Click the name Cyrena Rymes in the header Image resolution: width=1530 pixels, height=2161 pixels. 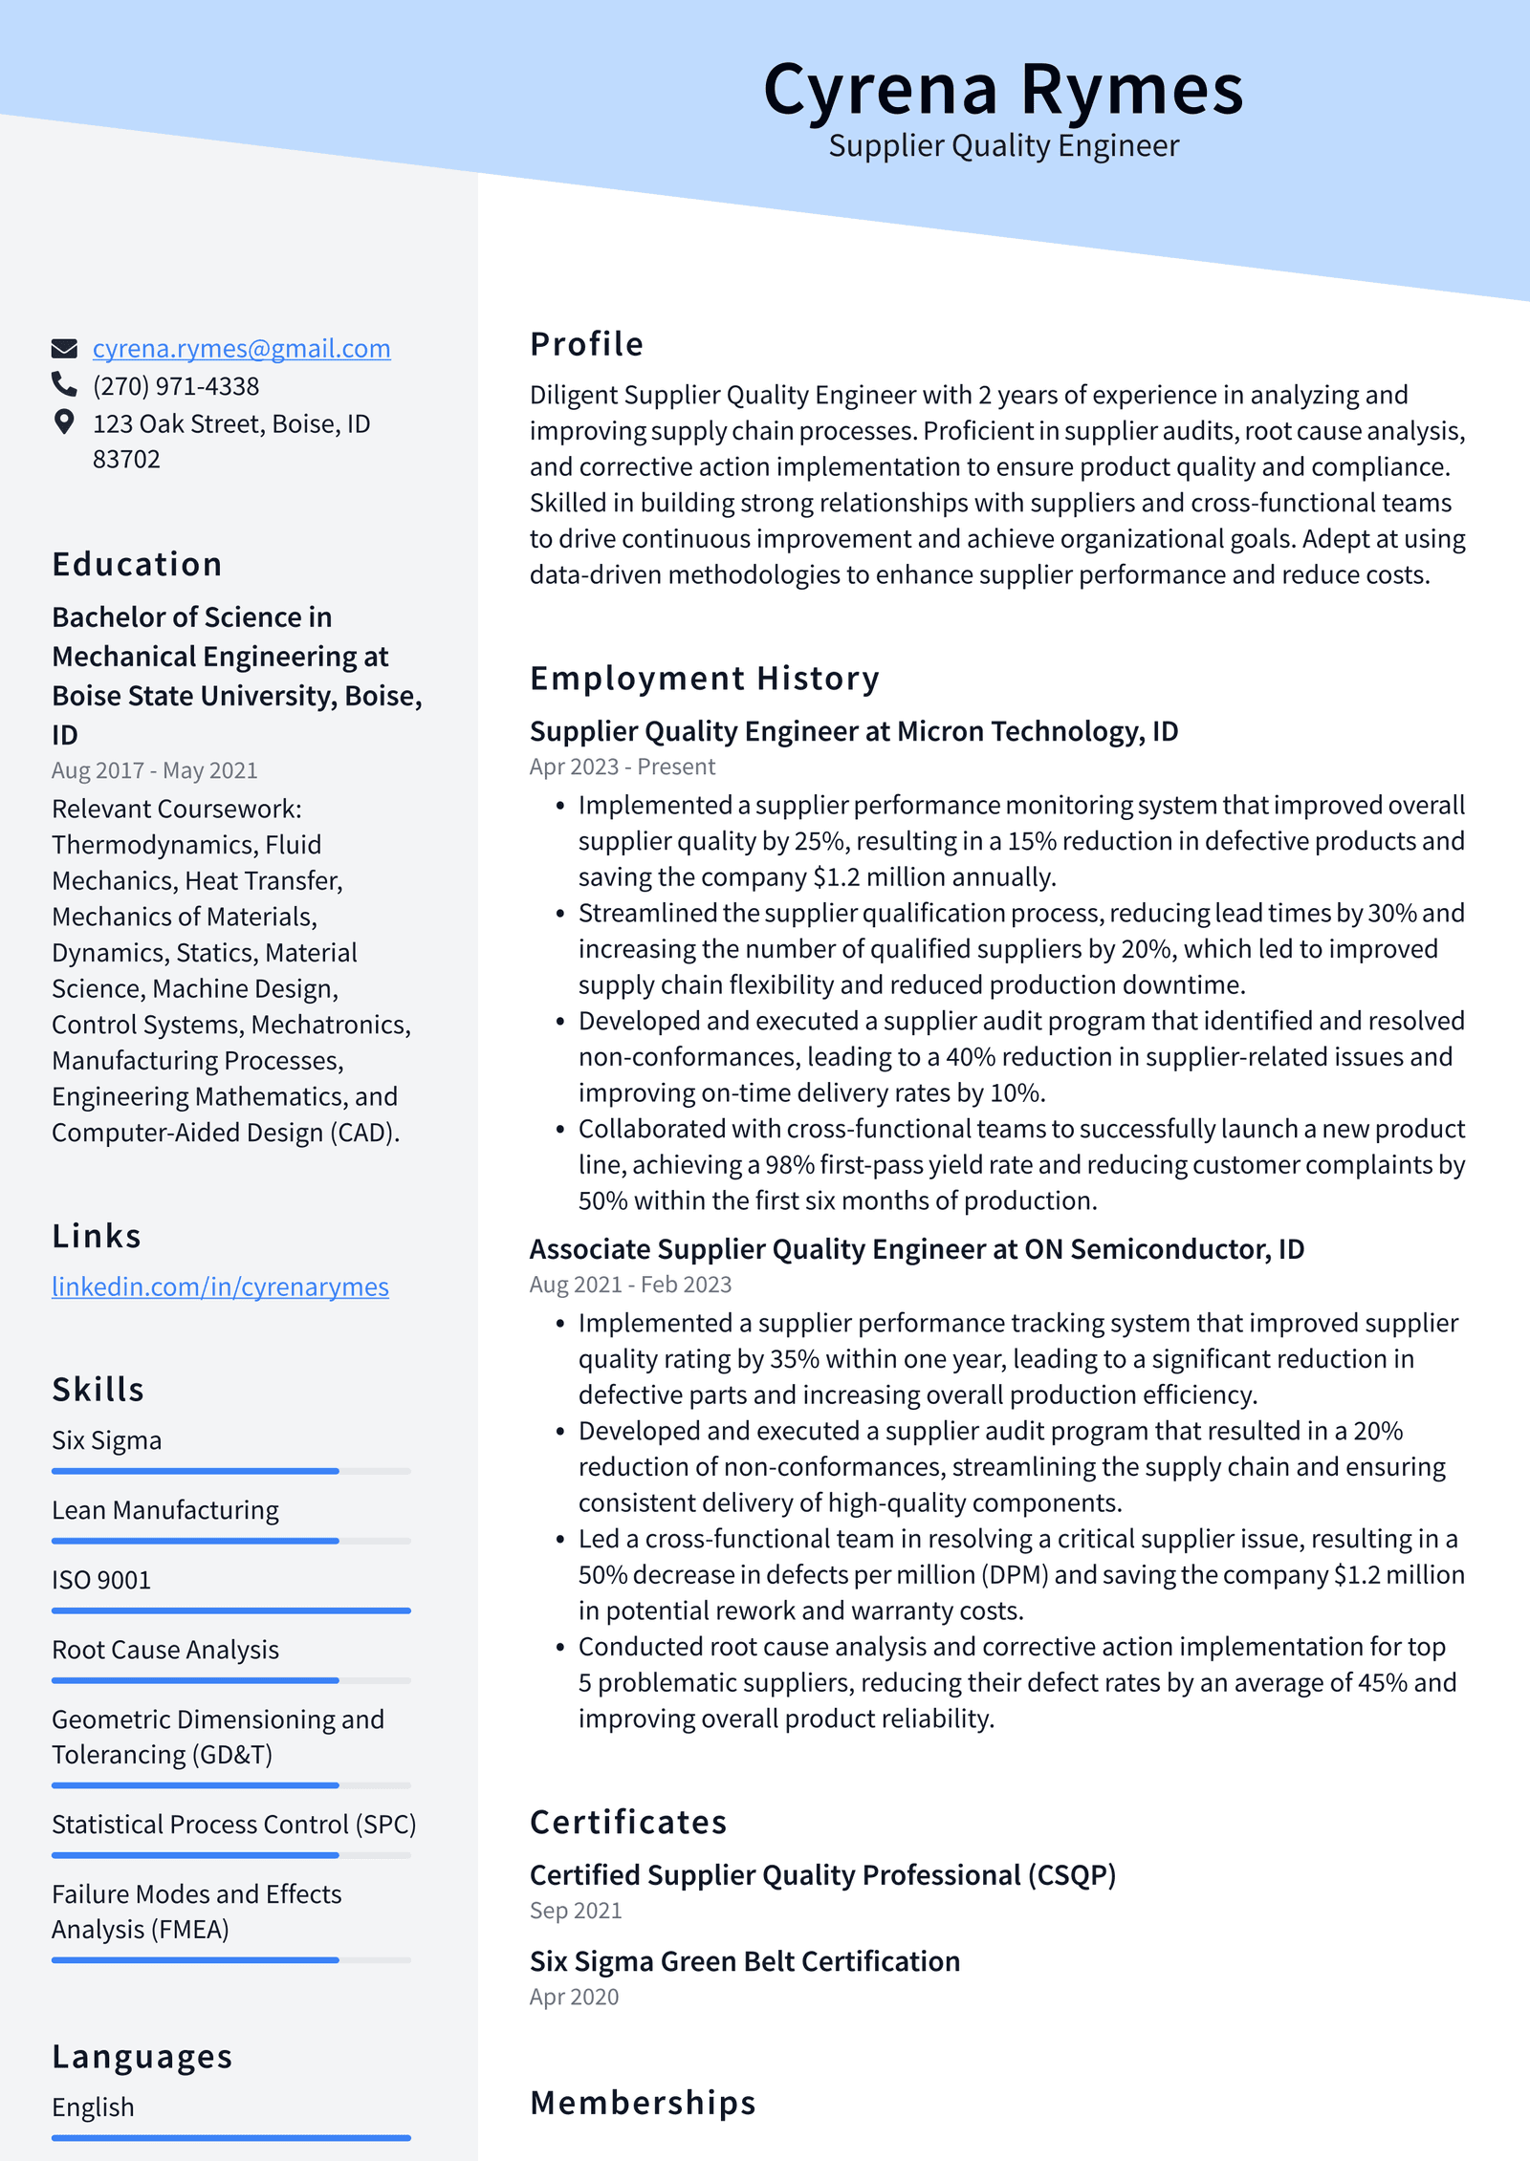click(x=1002, y=91)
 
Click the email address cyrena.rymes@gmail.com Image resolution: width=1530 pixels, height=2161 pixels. click(x=241, y=348)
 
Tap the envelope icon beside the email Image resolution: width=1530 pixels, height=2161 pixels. click(x=64, y=348)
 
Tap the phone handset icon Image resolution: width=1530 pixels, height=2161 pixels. click(x=64, y=384)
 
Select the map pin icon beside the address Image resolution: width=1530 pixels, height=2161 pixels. click(x=64, y=421)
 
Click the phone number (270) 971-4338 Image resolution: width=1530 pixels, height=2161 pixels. click(x=175, y=386)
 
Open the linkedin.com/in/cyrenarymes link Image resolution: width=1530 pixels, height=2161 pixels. click(x=220, y=1286)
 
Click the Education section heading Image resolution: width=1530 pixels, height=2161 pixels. click(x=137, y=564)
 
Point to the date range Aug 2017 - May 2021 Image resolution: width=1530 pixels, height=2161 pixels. click(x=154, y=770)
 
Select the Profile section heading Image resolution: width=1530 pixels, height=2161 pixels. click(x=586, y=344)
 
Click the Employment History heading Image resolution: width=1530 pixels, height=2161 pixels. click(x=704, y=679)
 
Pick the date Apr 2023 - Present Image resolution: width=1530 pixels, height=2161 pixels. click(x=622, y=767)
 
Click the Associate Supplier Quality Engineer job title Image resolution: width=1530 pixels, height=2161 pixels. click(x=916, y=1249)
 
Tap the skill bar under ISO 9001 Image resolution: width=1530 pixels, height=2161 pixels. click(x=230, y=1610)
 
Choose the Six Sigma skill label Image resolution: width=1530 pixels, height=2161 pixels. click(x=106, y=1440)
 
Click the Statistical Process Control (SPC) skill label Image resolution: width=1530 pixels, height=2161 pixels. click(x=233, y=1825)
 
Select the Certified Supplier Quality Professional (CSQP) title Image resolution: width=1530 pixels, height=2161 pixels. click(x=822, y=1875)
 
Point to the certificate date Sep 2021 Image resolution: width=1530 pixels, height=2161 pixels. click(x=576, y=1911)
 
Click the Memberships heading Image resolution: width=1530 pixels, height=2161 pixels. click(x=643, y=2104)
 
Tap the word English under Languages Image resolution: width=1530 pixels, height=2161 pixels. click(x=93, y=2107)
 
